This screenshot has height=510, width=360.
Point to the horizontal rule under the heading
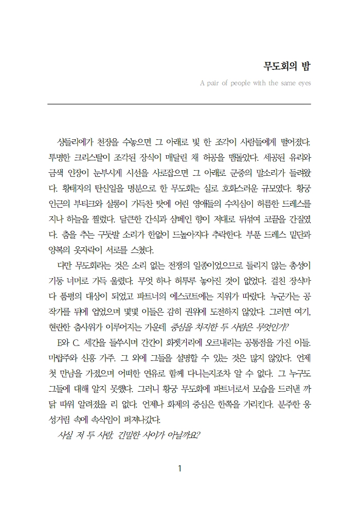pyautogui.click(x=179, y=104)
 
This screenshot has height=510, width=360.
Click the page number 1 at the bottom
pyautogui.click(x=179, y=469)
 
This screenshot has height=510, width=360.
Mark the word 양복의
pyautogui.click(x=59, y=251)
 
